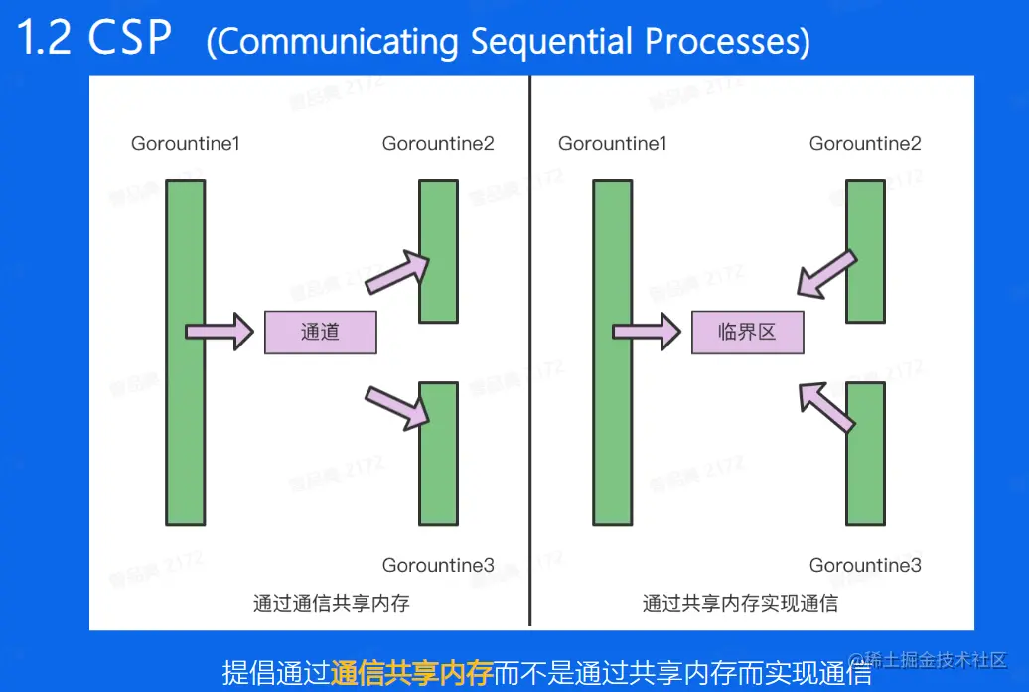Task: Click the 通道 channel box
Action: click(x=320, y=333)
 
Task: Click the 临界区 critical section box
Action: click(x=747, y=333)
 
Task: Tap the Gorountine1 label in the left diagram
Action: click(x=186, y=144)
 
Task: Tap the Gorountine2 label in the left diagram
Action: click(x=438, y=144)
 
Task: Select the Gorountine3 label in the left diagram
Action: click(x=438, y=565)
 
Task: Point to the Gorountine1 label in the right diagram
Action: click(x=613, y=144)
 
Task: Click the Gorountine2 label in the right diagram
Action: click(x=865, y=144)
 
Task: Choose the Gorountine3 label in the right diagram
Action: click(x=865, y=565)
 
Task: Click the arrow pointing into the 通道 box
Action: click(x=220, y=331)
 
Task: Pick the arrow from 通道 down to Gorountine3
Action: click(x=397, y=405)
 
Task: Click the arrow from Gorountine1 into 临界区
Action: click(x=647, y=331)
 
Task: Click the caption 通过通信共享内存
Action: click(x=332, y=603)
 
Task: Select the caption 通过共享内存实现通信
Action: click(x=740, y=603)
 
